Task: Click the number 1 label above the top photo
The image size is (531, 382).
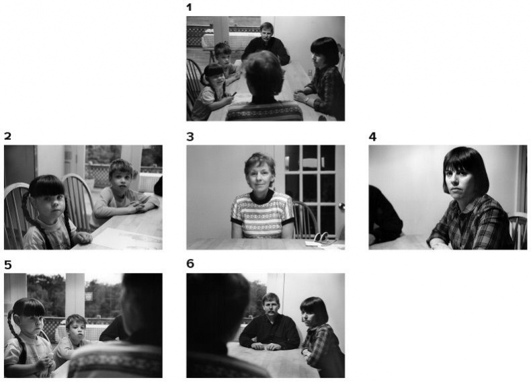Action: click(x=189, y=7)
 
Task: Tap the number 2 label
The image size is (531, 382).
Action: click(x=7, y=137)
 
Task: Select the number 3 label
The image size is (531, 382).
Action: click(x=190, y=137)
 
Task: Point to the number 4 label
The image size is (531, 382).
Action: click(x=372, y=137)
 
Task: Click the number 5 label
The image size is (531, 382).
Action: click(x=8, y=265)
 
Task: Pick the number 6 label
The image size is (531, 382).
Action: click(x=190, y=264)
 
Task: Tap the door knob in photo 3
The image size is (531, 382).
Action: click(x=341, y=205)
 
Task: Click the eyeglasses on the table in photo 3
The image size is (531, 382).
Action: click(x=322, y=237)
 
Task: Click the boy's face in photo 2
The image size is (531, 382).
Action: click(x=121, y=178)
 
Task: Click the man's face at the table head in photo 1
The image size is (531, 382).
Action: click(x=267, y=33)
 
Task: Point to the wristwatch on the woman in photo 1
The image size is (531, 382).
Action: click(x=307, y=100)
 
